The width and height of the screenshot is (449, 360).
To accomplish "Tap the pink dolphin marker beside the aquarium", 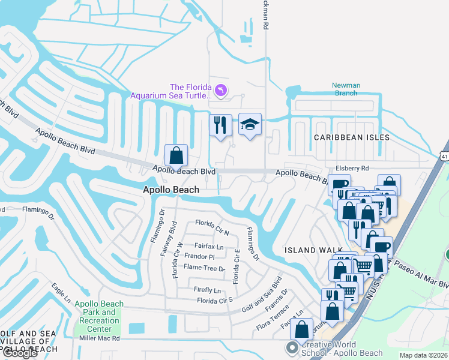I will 221,90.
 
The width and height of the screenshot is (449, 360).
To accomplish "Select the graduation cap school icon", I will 250,125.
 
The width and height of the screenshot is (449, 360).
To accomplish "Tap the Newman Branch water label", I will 346,89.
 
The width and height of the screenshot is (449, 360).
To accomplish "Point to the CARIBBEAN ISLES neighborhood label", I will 352,137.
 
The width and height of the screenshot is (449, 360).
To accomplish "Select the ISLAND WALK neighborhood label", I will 313,250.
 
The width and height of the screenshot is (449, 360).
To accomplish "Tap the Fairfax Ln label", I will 208,246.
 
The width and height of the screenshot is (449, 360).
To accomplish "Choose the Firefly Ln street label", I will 207,289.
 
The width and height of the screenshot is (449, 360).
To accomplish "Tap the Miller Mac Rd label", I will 100,338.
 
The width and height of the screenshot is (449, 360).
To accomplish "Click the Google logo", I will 20,353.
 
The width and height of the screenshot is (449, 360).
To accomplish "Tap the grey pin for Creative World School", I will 292,348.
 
